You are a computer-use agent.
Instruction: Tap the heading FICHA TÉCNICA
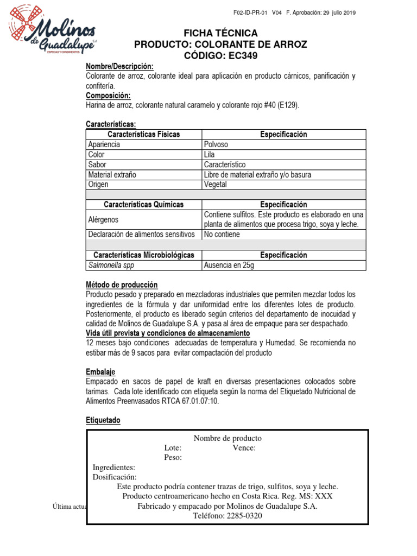coord(220,34)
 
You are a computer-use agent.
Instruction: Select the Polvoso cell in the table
coord(216,145)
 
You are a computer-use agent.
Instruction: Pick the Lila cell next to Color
coord(210,155)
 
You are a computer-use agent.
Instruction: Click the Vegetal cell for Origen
coord(216,185)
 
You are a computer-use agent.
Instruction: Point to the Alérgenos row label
coord(104,220)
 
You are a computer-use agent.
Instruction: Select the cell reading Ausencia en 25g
coord(229,266)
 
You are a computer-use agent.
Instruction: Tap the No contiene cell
coord(222,235)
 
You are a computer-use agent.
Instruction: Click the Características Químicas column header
coord(144,205)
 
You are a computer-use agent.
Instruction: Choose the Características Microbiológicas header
coord(144,255)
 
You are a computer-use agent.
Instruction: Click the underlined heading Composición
coord(109,96)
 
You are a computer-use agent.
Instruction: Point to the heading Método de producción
coord(122,285)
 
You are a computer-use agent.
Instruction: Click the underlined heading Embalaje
coord(100,372)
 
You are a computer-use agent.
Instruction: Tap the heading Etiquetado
coord(103,421)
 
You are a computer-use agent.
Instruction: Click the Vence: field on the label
coord(244,448)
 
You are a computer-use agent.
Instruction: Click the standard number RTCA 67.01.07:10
coord(191,401)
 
